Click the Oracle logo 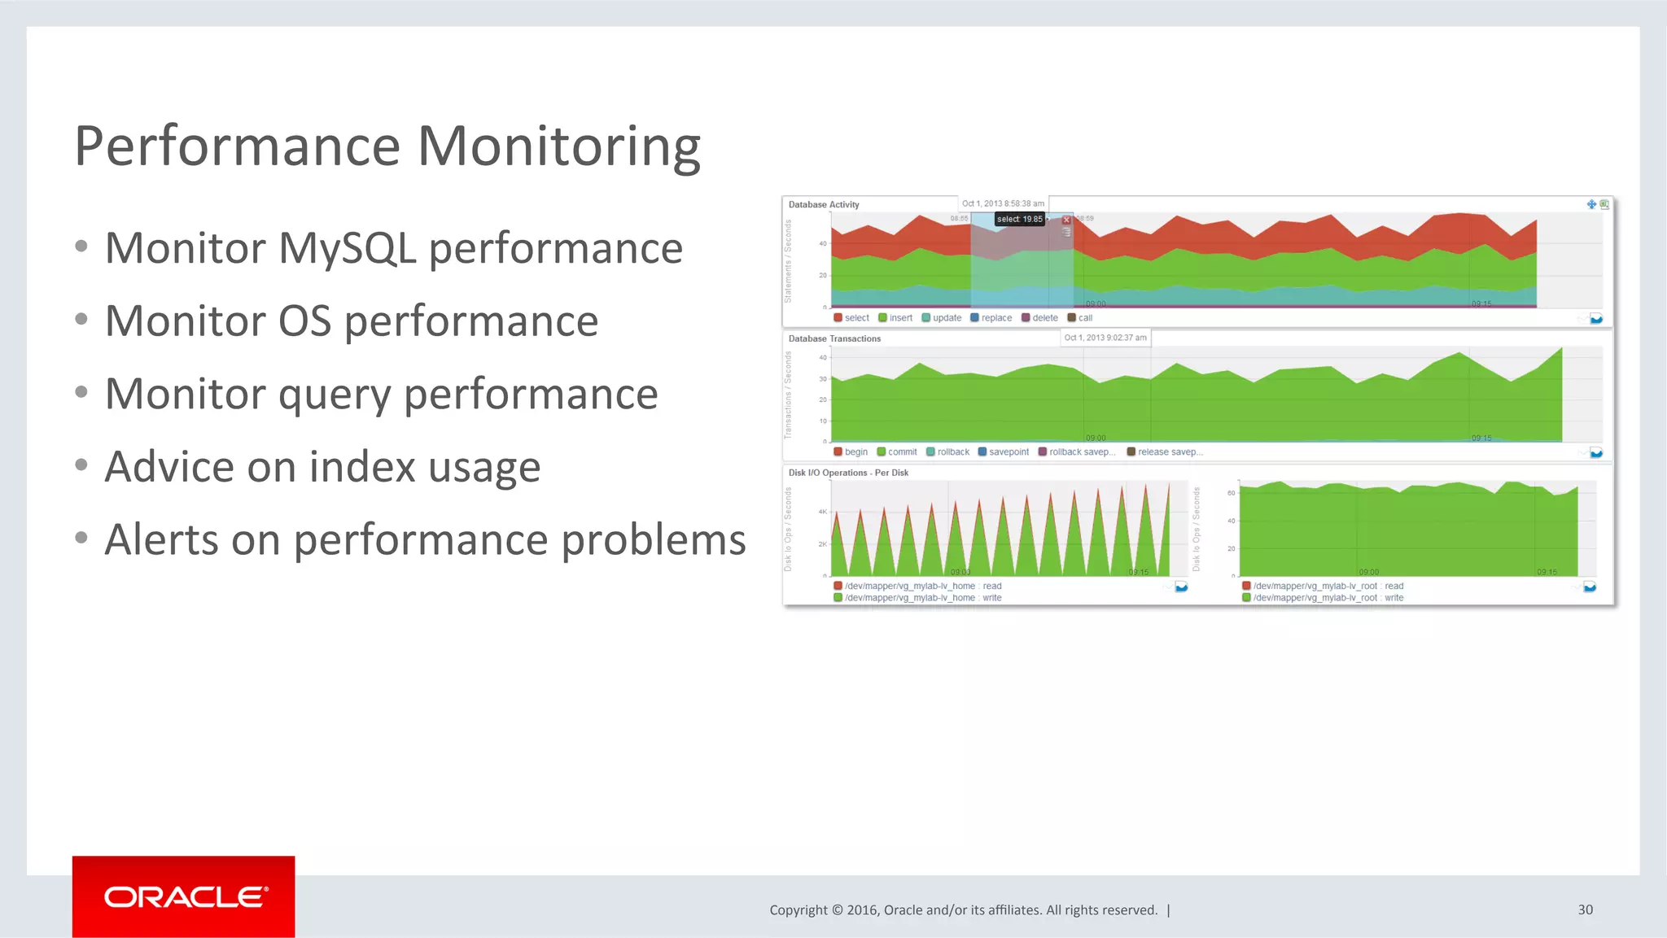pyautogui.click(x=184, y=897)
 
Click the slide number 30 pyautogui.click(x=1585, y=910)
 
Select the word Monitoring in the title pyautogui.click(x=558, y=146)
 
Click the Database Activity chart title pyautogui.click(x=823, y=204)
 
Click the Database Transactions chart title pyautogui.click(x=833, y=338)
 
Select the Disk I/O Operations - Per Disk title pyautogui.click(x=847, y=473)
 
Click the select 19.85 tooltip pyautogui.click(x=1019, y=219)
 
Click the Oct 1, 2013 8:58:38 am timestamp pyautogui.click(x=1003, y=203)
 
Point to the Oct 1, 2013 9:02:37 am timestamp pyautogui.click(x=1105, y=338)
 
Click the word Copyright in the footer pyautogui.click(x=798, y=910)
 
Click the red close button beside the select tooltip pyautogui.click(x=1066, y=220)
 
